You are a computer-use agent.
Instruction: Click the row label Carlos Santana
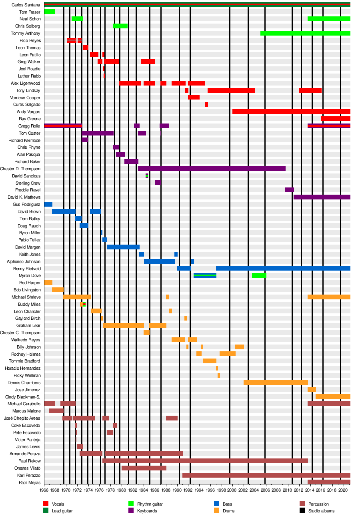(x=26, y=5)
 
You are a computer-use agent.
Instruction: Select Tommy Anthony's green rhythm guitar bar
(x=305, y=33)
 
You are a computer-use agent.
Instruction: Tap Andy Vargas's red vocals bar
(x=291, y=112)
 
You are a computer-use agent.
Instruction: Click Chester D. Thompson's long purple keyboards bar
(x=212, y=169)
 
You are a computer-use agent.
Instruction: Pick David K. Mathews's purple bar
(x=322, y=197)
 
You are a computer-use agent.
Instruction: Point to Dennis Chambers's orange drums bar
(x=276, y=383)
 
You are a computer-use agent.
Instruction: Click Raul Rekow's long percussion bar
(x=205, y=461)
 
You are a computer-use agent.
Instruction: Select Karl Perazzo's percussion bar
(x=266, y=475)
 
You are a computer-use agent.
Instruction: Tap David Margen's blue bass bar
(x=123, y=247)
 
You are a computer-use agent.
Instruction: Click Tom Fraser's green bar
(x=50, y=12)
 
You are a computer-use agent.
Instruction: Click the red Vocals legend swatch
(x=46, y=504)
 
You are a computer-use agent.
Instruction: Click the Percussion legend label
(x=318, y=504)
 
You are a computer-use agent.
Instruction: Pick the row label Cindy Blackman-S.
(x=23, y=397)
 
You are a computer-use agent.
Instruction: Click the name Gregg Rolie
(x=30, y=126)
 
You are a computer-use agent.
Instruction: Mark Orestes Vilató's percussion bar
(x=144, y=468)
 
